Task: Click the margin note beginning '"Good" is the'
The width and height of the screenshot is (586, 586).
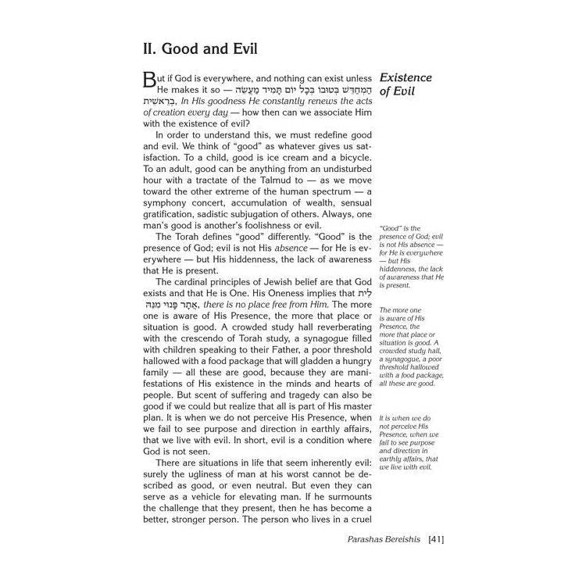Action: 411,253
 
